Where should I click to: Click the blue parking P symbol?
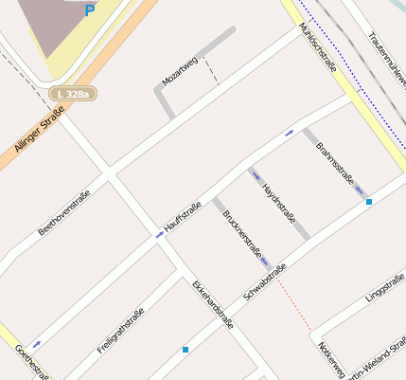(x=90, y=11)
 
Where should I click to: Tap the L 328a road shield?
(x=73, y=94)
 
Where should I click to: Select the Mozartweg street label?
(x=180, y=72)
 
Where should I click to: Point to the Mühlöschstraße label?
(x=318, y=44)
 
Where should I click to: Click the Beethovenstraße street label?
(x=63, y=213)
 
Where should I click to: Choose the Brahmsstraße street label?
(x=335, y=161)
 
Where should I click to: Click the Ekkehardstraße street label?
(x=212, y=304)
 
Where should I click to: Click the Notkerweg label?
(x=332, y=360)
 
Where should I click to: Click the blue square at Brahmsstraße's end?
(x=369, y=202)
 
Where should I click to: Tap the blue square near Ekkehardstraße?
(x=185, y=350)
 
